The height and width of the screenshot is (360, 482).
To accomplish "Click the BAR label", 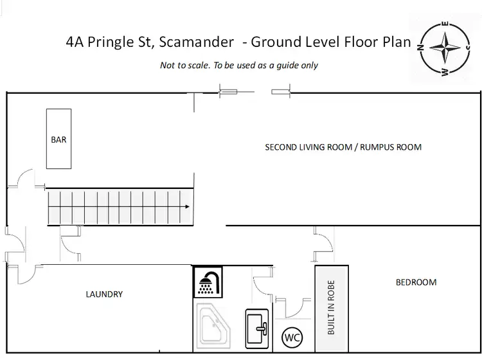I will tap(58, 139).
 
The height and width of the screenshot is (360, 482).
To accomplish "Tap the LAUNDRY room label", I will tap(104, 294).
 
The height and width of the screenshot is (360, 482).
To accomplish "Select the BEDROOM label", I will tap(416, 282).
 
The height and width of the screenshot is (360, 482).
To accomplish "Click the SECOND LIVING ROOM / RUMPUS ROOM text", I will tap(343, 147).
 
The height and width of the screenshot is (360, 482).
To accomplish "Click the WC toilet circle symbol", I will tap(292, 337).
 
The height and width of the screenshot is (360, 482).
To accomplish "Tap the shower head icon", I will tap(208, 282).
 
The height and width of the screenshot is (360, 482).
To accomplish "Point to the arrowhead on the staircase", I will tap(186, 207).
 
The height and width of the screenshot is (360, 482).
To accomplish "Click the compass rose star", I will tap(444, 50).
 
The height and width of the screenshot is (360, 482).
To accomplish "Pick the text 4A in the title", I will tap(75, 43).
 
